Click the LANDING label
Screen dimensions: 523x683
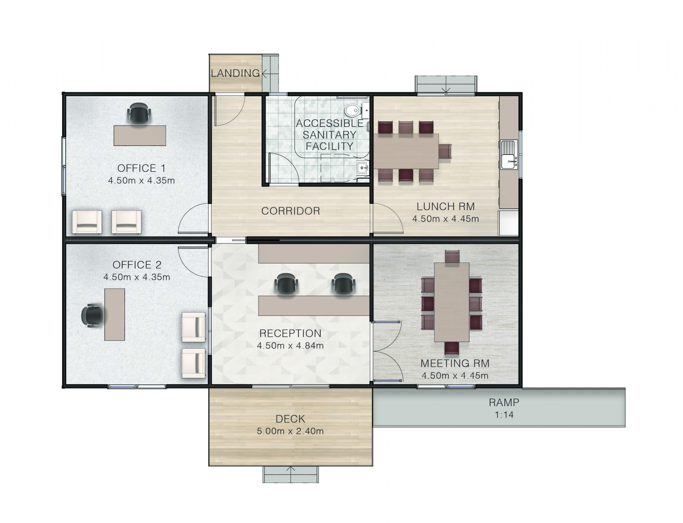click(x=235, y=73)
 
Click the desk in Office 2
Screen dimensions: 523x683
click(x=115, y=314)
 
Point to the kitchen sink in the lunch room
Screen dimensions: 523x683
click(x=509, y=155)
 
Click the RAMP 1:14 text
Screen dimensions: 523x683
click(x=504, y=415)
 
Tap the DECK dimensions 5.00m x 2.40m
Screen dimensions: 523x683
click(x=290, y=431)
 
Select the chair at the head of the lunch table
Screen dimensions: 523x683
click(x=445, y=151)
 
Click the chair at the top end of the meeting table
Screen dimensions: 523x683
click(x=452, y=257)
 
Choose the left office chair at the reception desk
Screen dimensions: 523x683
click(x=286, y=284)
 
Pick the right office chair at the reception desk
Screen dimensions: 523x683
click(x=343, y=284)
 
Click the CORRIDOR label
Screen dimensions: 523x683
click(x=290, y=211)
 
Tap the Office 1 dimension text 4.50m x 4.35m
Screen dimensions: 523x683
click(x=141, y=181)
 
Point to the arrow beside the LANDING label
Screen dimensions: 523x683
click(x=264, y=73)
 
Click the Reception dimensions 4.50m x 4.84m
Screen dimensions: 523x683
click(x=290, y=346)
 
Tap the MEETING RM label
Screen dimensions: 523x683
click(x=455, y=363)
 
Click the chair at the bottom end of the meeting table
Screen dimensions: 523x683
click(x=452, y=348)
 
